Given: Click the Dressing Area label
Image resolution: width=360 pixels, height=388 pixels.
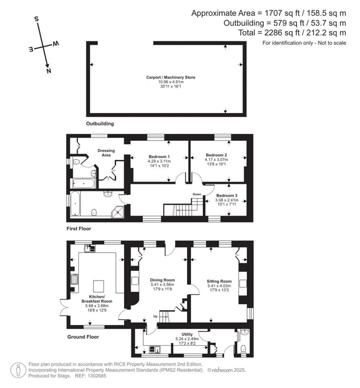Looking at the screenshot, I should (x=106, y=153).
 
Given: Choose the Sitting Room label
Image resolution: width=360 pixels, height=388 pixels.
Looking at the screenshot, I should (x=219, y=281).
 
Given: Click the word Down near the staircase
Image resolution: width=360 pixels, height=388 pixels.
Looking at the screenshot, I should (x=197, y=194).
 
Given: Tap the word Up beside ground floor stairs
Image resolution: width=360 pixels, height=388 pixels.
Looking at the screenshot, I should (x=155, y=316).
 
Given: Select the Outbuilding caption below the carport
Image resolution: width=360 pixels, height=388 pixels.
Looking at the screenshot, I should (x=100, y=124).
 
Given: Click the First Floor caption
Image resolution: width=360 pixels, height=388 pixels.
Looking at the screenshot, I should (x=79, y=229).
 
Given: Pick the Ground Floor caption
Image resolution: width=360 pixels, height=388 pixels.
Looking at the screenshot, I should (x=83, y=337).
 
